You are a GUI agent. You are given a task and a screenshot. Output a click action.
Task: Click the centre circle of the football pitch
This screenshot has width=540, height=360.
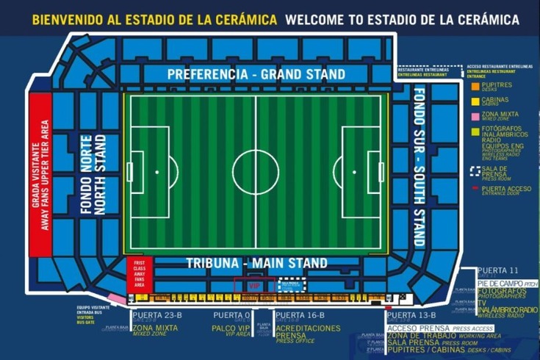tap(256, 173)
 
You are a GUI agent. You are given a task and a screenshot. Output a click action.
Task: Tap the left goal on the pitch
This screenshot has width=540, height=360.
tap(130, 172)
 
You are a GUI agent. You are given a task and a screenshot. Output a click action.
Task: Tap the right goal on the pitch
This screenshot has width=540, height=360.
tap(381, 172)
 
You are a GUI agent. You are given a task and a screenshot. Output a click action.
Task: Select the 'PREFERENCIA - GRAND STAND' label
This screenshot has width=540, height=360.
tap(256, 74)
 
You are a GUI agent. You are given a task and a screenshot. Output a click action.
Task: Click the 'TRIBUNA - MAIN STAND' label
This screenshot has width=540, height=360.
tap(256, 263)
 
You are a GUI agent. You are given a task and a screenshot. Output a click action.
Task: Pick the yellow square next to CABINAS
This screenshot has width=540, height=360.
tap(475, 101)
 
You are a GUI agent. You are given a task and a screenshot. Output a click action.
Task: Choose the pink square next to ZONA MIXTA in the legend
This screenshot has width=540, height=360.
tap(475, 116)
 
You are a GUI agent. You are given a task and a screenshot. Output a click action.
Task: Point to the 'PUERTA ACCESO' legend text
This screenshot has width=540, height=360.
tap(505, 190)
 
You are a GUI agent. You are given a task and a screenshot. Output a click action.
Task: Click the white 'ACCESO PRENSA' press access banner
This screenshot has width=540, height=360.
tap(431, 328)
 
